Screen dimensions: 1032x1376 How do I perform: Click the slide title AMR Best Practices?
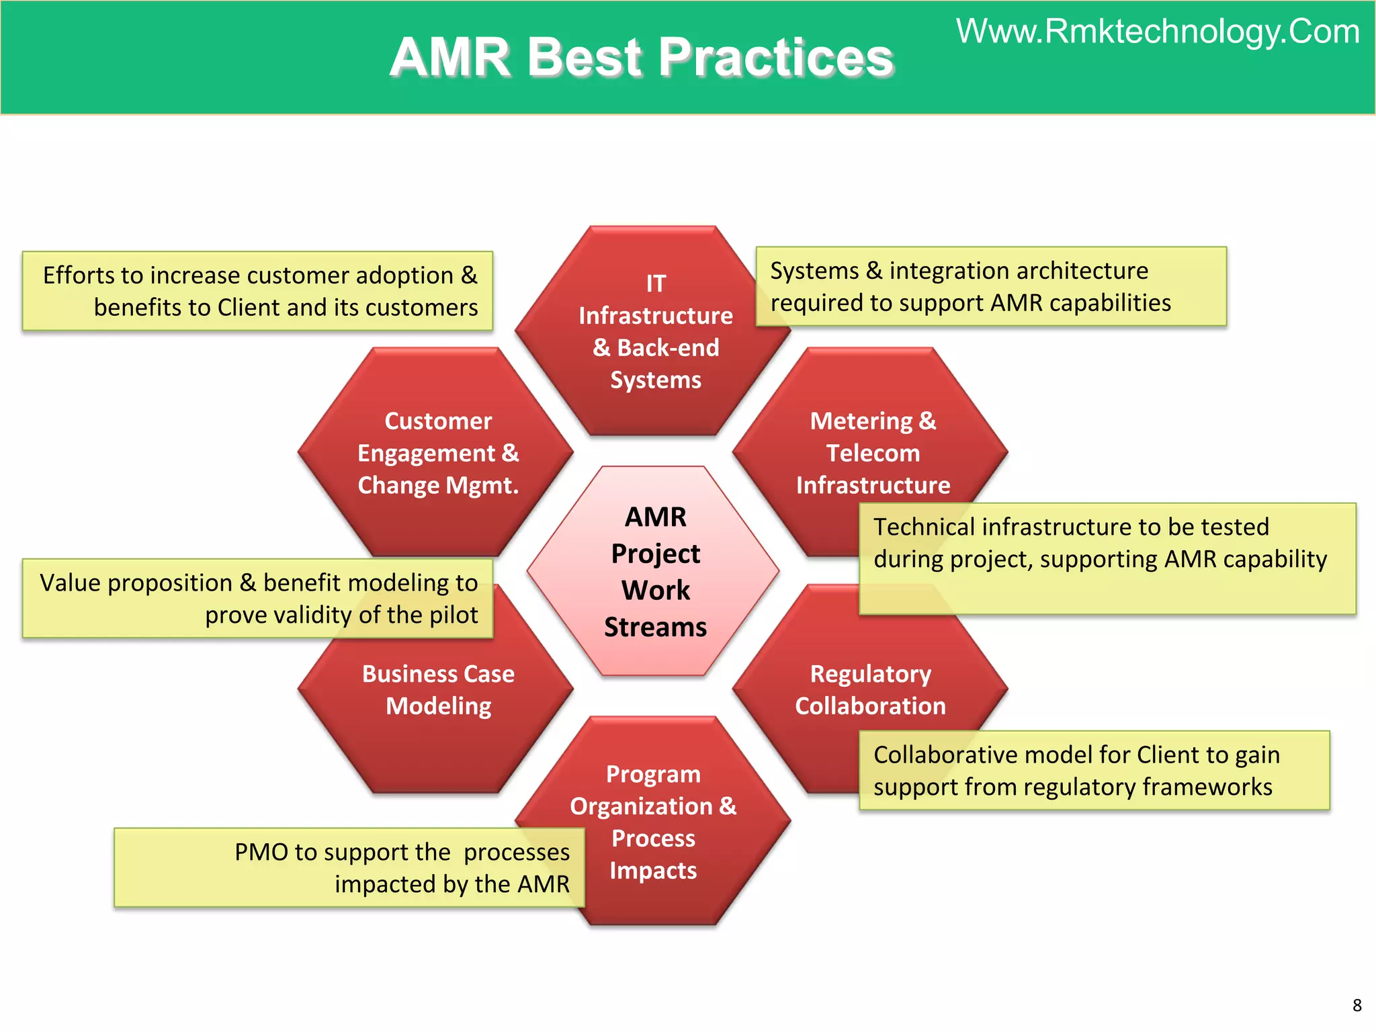[642, 57]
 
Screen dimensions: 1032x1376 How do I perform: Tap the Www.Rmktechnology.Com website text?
[1158, 32]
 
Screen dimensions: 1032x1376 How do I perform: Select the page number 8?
[1357, 1005]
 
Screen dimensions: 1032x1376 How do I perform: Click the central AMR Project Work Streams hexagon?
[654, 571]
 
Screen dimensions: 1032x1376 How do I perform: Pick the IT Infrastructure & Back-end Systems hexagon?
[655, 331]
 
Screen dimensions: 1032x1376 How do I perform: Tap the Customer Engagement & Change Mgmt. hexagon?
[437, 453]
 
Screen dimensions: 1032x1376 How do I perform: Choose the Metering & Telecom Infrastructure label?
[873, 453]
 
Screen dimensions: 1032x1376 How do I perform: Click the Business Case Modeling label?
[438, 690]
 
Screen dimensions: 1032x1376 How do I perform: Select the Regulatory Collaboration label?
[870, 690]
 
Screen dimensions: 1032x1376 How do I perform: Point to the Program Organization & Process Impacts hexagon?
[653, 822]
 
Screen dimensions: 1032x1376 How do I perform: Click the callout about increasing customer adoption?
[257, 291]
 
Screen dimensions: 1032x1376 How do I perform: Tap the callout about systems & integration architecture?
[990, 287]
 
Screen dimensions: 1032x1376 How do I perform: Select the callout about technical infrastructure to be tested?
[1107, 558]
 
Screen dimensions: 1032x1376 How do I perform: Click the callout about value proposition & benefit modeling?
[257, 598]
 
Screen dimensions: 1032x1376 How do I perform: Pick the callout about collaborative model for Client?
[1094, 771]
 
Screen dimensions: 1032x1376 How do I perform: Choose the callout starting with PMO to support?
[349, 867]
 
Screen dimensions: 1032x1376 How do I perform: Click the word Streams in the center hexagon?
[655, 628]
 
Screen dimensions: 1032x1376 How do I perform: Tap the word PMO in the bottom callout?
[261, 852]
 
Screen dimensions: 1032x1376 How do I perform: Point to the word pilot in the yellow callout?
[451, 615]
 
